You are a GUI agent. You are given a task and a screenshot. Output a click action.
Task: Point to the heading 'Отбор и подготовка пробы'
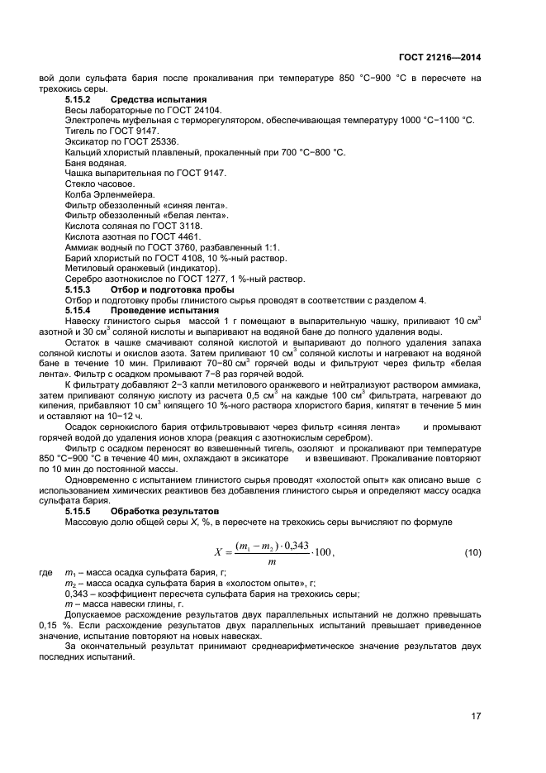click(171, 289)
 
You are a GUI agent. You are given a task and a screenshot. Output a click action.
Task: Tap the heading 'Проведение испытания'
click(159, 310)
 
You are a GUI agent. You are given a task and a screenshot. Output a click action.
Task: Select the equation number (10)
click(472, 551)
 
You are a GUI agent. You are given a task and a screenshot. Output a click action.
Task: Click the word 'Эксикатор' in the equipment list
click(86, 141)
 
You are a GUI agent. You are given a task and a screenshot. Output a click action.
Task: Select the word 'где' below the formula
click(45, 572)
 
